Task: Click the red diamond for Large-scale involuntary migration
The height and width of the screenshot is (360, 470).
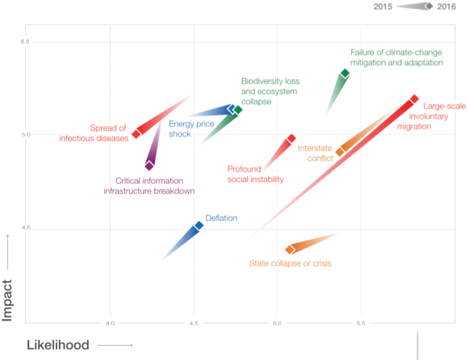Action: click(x=414, y=99)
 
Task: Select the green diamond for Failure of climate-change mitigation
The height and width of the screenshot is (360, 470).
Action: click(x=345, y=74)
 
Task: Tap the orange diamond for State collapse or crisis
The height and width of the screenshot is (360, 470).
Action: click(x=290, y=249)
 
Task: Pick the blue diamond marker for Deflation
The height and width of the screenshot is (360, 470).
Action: click(x=199, y=226)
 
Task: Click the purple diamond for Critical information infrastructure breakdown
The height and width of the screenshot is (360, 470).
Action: click(x=149, y=166)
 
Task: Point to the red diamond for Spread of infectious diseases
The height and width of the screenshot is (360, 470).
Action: click(x=136, y=134)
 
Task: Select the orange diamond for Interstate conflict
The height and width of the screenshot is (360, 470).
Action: click(x=340, y=152)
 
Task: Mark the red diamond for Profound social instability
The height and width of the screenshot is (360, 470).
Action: click(x=291, y=138)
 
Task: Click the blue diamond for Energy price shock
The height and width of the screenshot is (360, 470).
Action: click(x=231, y=109)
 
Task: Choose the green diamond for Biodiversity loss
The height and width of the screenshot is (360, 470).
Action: click(x=238, y=110)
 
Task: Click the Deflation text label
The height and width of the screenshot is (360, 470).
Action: click(x=221, y=218)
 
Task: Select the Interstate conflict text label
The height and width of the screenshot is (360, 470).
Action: click(x=315, y=153)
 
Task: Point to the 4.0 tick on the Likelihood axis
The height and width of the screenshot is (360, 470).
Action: click(x=111, y=322)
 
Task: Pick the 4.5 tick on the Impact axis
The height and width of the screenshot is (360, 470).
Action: click(x=26, y=227)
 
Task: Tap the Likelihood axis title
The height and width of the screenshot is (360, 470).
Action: click(x=57, y=345)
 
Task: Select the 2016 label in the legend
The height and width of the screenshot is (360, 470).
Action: click(x=446, y=6)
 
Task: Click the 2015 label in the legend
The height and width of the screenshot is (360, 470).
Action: click(x=384, y=6)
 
